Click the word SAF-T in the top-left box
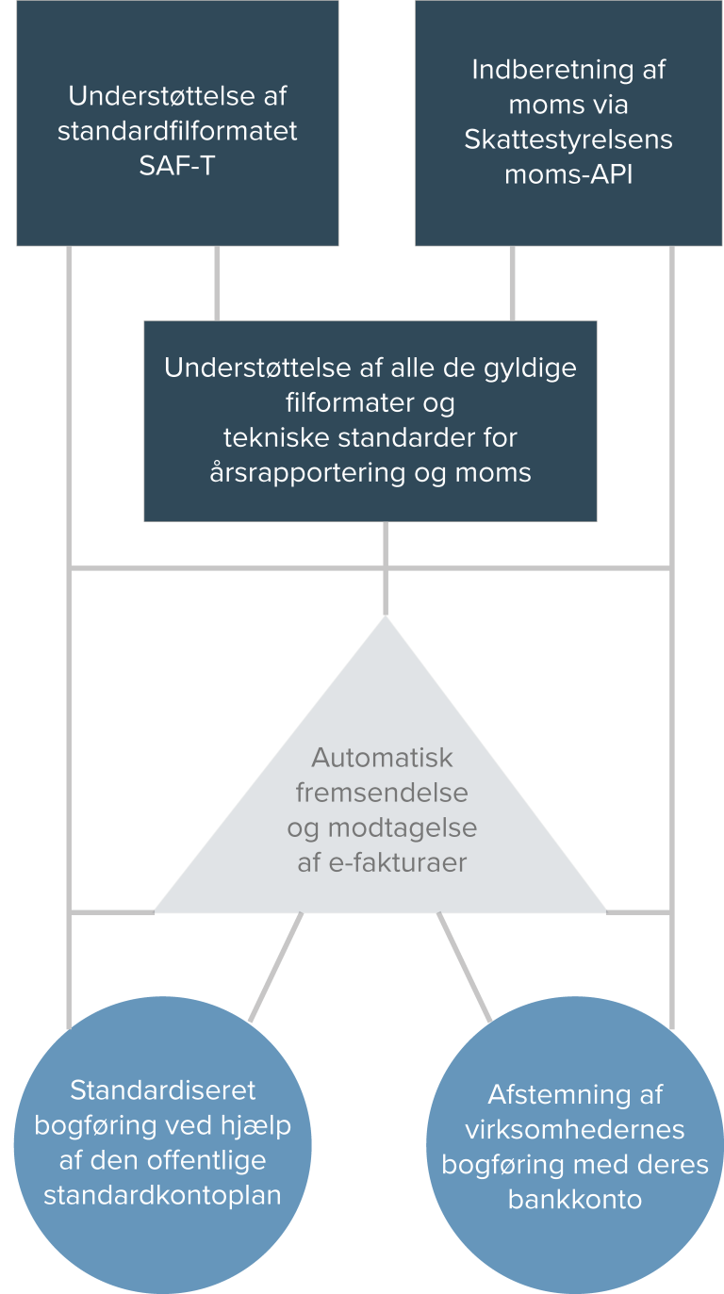pyautogui.click(x=177, y=167)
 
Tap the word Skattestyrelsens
pyautogui.click(x=568, y=139)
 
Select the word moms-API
pyautogui.click(x=568, y=174)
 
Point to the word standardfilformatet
pyautogui.click(x=177, y=131)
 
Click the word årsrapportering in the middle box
pyautogui.click(x=308, y=474)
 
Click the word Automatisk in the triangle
pyautogui.click(x=382, y=758)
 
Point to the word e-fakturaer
pyautogui.click(x=398, y=863)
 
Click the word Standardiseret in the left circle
pyautogui.click(x=162, y=1090)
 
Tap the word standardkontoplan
pyautogui.click(x=162, y=1196)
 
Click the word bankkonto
pyautogui.click(x=575, y=1200)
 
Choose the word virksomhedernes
pyautogui.click(x=575, y=1130)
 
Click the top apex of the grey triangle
pyautogui.click(x=386, y=617)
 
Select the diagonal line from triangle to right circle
pyautogui.click(x=465, y=967)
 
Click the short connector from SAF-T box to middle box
pyautogui.click(x=217, y=284)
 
